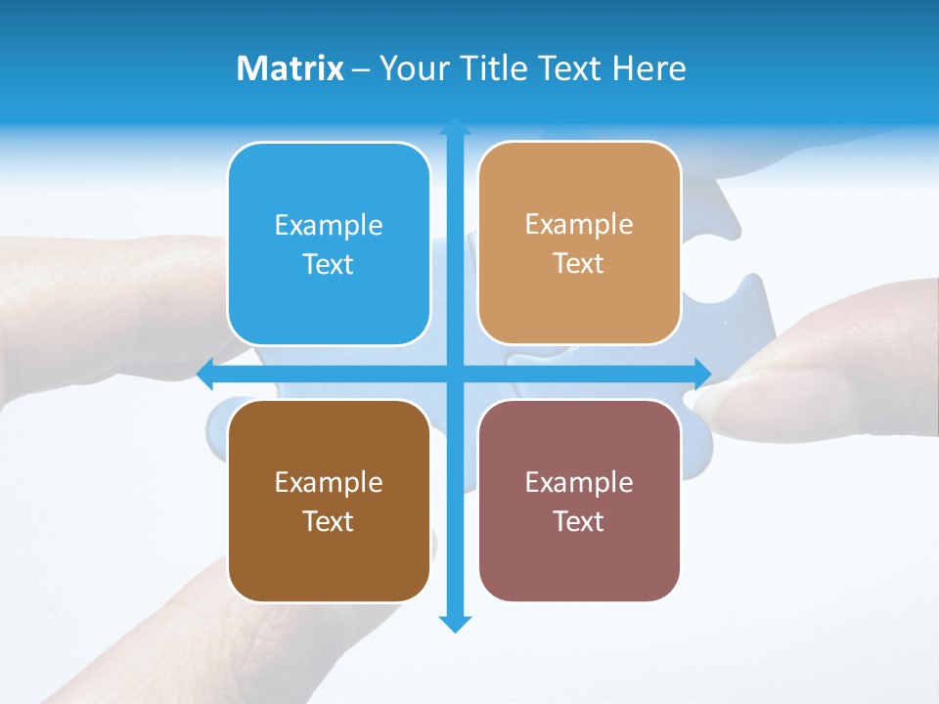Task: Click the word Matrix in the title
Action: point(291,68)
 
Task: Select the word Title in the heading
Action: point(494,68)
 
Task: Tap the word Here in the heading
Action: point(649,68)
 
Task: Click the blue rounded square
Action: point(329,243)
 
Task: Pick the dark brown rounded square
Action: point(329,501)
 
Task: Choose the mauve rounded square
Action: point(579,501)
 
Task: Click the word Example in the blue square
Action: point(329,225)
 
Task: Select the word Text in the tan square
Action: point(579,263)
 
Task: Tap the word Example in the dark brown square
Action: point(329,482)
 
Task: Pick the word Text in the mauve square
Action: point(579,521)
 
